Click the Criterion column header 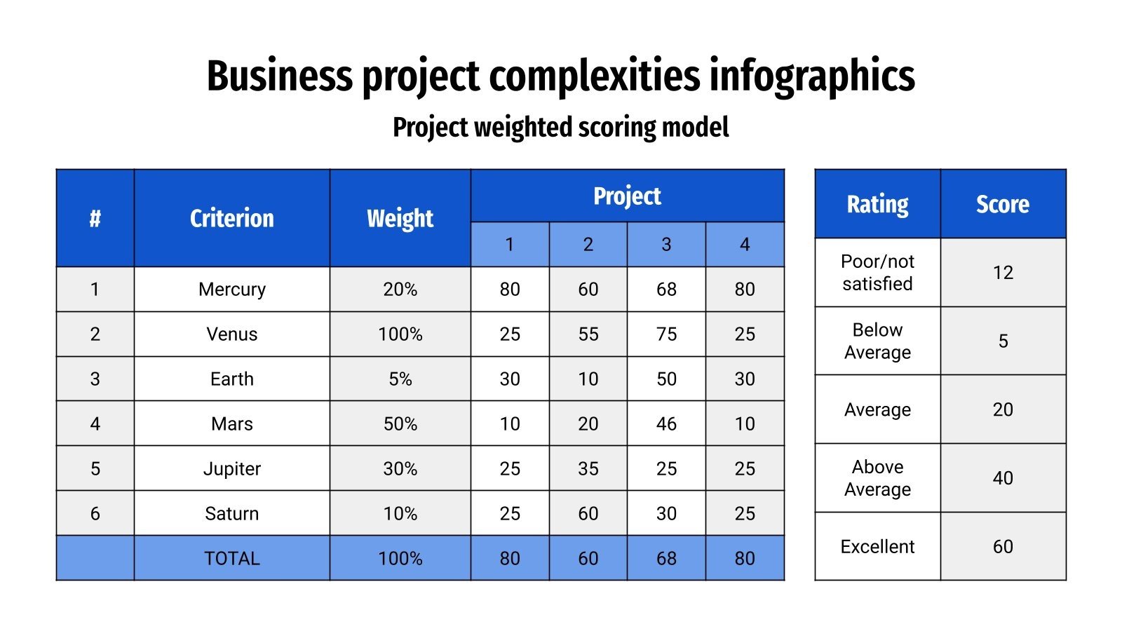tap(231, 218)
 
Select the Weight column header tap(400, 218)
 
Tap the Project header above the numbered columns tap(627, 196)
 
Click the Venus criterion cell tap(231, 334)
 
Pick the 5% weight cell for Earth tap(400, 379)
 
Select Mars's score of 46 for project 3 tap(666, 423)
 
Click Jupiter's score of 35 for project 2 tap(588, 468)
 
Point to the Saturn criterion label tap(231, 513)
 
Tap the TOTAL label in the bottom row tap(231, 558)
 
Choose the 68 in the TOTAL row tap(666, 558)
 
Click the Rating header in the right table tap(877, 204)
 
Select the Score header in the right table tap(1003, 204)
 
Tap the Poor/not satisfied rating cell tap(877, 272)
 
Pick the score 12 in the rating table tap(1003, 272)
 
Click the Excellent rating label tap(877, 546)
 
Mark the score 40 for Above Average tap(1003, 477)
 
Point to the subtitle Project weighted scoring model tap(560, 128)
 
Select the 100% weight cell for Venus tap(400, 334)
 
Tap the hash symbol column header tap(95, 218)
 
